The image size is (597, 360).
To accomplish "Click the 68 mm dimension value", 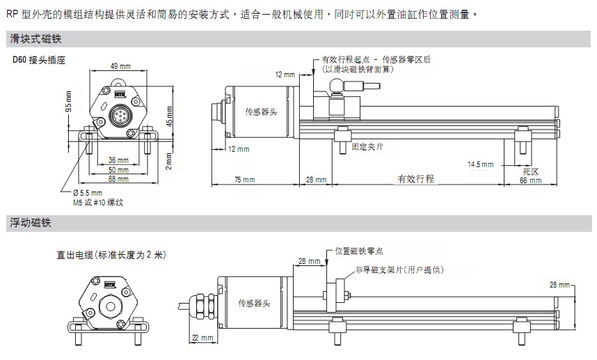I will point(118,179).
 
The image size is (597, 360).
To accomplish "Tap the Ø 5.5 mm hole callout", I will point(88,193).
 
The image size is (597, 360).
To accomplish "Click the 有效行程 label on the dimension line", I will point(415,179).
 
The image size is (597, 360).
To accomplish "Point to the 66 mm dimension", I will point(531,180).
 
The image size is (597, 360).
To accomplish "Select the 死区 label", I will point(532,170).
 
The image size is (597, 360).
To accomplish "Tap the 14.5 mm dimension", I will point(480,165).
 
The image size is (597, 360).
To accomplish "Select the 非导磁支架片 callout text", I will point(399,269).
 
